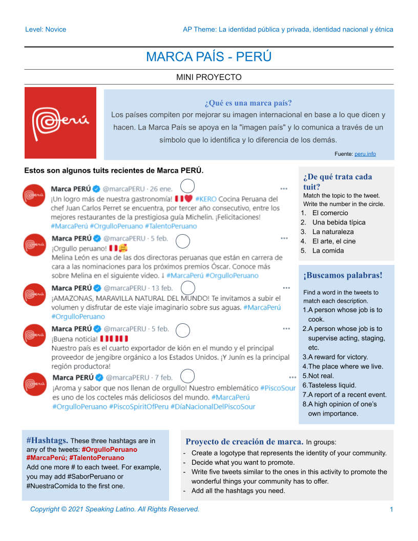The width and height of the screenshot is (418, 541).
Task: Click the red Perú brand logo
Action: (60, 123)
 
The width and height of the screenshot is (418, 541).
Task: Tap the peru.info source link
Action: (365, 154)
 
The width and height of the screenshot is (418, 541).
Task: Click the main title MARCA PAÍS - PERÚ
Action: (208, 57)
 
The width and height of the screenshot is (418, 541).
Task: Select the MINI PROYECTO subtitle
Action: (208, 77)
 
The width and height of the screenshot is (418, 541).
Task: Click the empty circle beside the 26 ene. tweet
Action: (188, 187)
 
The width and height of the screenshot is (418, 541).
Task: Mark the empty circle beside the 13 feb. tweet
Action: (189, 288)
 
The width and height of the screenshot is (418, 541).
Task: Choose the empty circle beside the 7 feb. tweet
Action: (187, 377)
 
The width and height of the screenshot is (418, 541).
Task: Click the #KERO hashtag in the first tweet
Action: (206, 199)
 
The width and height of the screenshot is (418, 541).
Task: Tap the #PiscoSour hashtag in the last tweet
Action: (278, 388)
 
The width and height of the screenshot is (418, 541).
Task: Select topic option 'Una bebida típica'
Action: (339, 222)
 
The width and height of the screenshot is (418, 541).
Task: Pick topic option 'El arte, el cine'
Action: (334, 241)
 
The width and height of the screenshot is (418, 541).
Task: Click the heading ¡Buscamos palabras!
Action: (343, 275)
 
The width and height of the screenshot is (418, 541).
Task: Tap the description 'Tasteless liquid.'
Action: (332, 385)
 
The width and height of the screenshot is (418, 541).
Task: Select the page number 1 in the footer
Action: (391, 509)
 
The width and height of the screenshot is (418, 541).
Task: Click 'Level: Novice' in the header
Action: (46, 29)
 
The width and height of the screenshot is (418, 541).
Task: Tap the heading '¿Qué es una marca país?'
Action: (248, 103)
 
